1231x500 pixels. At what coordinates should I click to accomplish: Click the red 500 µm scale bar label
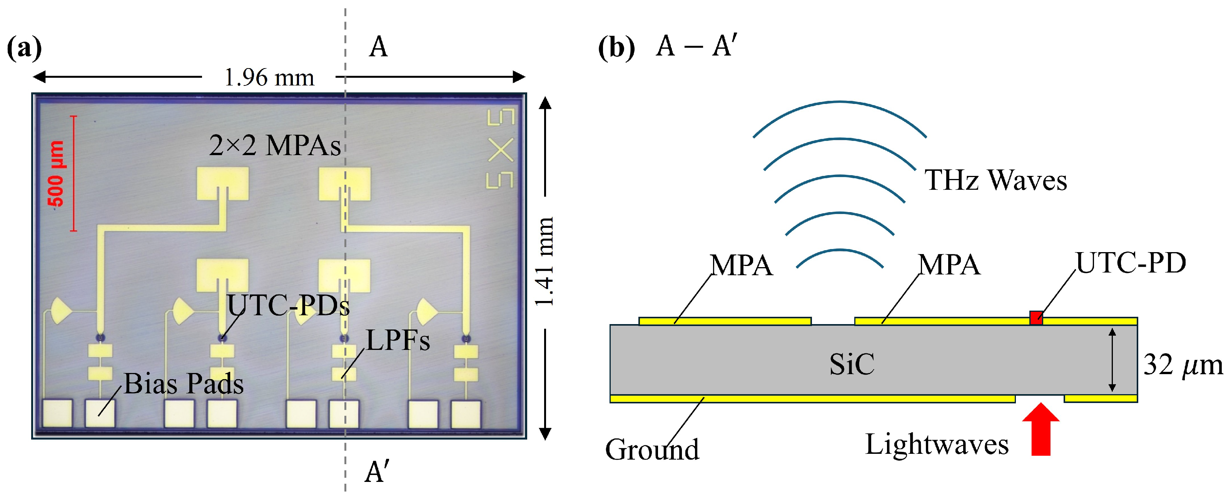tap(56, 174)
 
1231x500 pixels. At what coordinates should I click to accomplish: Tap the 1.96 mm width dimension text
tap(269, 77)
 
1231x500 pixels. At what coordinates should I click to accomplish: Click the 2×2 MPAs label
tap(275, 145)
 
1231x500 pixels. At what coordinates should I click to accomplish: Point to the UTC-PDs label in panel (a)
tap(288, 305)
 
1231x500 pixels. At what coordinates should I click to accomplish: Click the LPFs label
tap(398, 340)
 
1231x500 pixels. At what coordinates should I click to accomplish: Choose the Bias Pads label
tap(184, 383)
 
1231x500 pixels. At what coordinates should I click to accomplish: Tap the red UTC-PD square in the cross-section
tap(1036, 318)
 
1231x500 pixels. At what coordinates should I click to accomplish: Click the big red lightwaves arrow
tap(1041, 429)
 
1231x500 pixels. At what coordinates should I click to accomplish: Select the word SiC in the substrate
tap(852, 364)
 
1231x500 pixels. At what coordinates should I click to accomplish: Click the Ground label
tap(652, 449)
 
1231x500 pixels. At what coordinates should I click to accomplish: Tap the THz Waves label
tap(996, 180)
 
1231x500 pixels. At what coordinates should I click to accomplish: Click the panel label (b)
tap(616, 48)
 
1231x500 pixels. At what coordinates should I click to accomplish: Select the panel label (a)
tap(24, 48)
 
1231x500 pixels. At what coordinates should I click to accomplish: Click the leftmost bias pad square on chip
tap(58, 413)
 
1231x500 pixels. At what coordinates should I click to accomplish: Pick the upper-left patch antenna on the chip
tap(223, 183)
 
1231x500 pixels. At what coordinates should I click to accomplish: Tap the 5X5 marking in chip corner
tap(500, 149)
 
